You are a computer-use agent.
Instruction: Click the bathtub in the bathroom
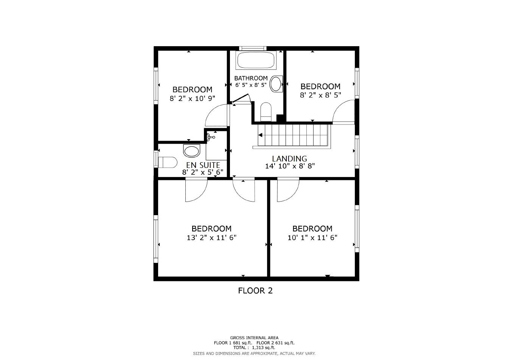[255, 60]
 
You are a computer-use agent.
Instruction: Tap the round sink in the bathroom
[276, 84]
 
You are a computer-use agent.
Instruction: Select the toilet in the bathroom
[266, 112]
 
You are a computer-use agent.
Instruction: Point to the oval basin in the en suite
[192, 151]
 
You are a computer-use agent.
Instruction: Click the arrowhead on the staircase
[260, 135]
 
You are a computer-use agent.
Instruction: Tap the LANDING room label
[289, 158]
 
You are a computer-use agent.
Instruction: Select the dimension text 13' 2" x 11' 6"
[211, 238]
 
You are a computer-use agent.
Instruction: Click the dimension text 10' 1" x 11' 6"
[312, 238]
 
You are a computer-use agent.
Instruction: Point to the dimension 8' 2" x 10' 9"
[192, 98]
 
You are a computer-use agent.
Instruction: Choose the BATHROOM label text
[251, 78]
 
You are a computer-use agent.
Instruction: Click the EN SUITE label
[203, 165]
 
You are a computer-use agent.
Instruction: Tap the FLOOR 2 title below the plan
[255, 291]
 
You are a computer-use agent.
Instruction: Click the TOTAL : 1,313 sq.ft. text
[254, 348]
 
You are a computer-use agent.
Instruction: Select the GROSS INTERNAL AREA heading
[254, 338]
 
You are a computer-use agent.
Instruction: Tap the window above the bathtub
[253, 48]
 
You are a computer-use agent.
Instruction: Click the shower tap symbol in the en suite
[211, 137]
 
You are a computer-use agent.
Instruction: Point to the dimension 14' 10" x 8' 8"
[290, 166]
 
